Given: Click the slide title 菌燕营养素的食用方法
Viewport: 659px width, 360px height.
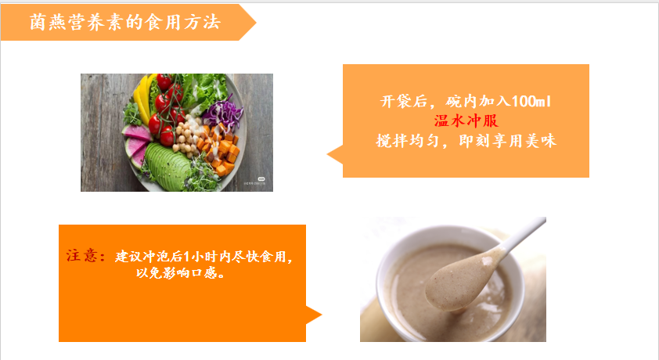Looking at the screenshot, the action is pos(124,22).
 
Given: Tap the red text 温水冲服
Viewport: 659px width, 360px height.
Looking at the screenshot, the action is pos(466,121).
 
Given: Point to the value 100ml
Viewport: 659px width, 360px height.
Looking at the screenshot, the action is pos(531,101).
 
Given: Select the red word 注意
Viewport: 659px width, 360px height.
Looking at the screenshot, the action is pos(82,255).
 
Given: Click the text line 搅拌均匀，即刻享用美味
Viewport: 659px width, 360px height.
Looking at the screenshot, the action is pos(466,141).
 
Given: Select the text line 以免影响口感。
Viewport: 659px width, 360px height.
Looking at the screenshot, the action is pos(181,273).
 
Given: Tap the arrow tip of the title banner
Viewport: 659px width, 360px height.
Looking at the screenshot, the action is pos(255,22).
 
